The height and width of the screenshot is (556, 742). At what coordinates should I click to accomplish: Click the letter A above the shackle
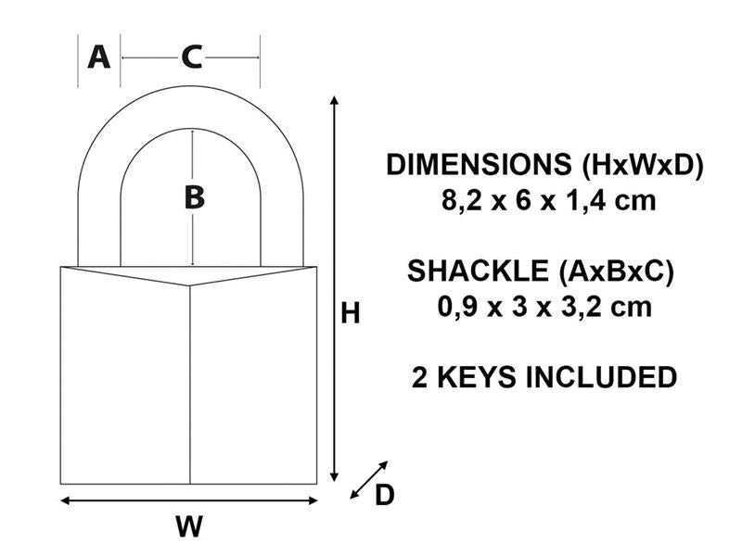[98, 57]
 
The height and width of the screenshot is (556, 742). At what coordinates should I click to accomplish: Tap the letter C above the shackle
[191, 57]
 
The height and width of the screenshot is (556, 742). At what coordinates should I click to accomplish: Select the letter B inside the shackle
[193, 197]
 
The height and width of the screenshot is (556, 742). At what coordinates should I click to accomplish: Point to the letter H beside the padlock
[350, 314]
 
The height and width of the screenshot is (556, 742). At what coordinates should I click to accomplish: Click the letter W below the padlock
[189, 526]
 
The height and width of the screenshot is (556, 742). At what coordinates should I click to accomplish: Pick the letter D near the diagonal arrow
[384, 496]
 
